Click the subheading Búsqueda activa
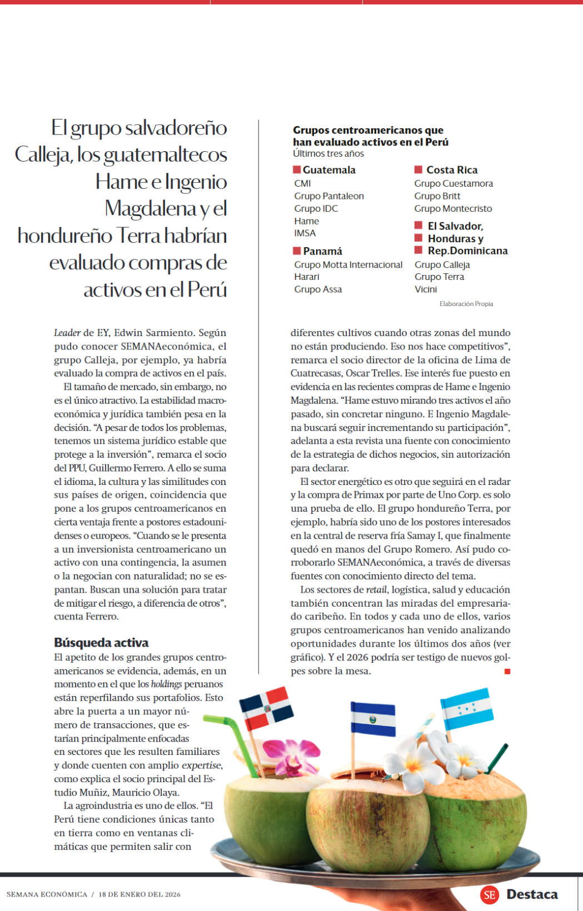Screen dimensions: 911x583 (x=101, y=643)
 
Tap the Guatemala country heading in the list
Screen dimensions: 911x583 (x=328, y=170)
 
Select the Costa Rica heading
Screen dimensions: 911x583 (x=451, y=170)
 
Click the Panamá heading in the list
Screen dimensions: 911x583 (x=322, y=251)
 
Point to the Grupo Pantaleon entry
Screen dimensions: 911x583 (x=329, y=196)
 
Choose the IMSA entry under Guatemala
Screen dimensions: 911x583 (x=305, y=233)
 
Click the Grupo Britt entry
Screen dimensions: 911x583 (x=437, y=196)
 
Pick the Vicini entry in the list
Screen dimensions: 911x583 (x=426, y=289)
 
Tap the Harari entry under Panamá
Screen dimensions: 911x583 (x=307, y=277)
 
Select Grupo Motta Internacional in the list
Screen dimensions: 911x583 (x=348, y=265)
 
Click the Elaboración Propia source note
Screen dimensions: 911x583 (x=466, y=304)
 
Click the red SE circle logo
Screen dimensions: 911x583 (x=490, y=894)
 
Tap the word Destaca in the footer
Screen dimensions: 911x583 (x=532, y=894)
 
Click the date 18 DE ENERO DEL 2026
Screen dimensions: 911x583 (x=139, y=894)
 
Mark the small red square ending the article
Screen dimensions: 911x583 (x=507, y=672)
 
